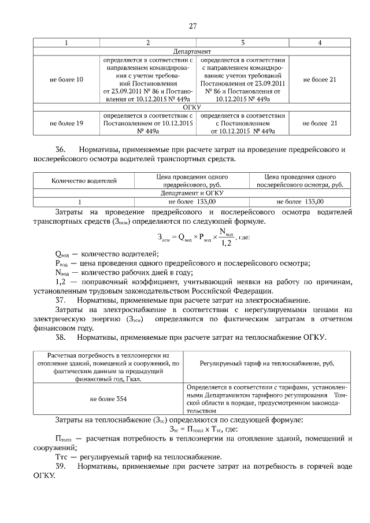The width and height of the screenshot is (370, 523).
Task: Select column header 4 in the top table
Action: [x=320, y=43]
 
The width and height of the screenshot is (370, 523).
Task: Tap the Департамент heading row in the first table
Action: [x=193, y=51]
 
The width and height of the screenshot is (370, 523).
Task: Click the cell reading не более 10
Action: [x=66, y=79]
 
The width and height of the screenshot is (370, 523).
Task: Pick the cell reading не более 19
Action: [x=66, y=123]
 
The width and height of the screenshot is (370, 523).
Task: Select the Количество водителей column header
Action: [x=84, y=181]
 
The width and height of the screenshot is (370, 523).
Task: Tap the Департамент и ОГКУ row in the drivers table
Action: [x=193, y=193]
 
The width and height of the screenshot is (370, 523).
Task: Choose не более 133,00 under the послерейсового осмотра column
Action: [x=300, y=202]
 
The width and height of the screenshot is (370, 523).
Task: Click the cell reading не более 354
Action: [x=109, y=399]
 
